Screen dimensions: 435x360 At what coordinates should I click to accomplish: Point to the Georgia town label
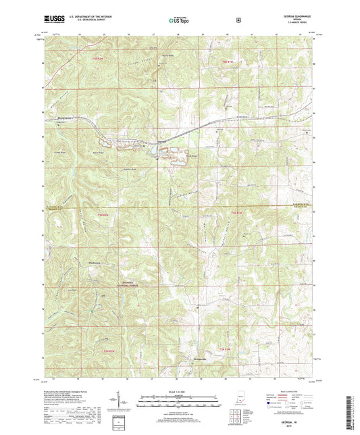[161, 140]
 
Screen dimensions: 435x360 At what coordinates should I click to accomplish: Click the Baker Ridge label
[107, 153]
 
